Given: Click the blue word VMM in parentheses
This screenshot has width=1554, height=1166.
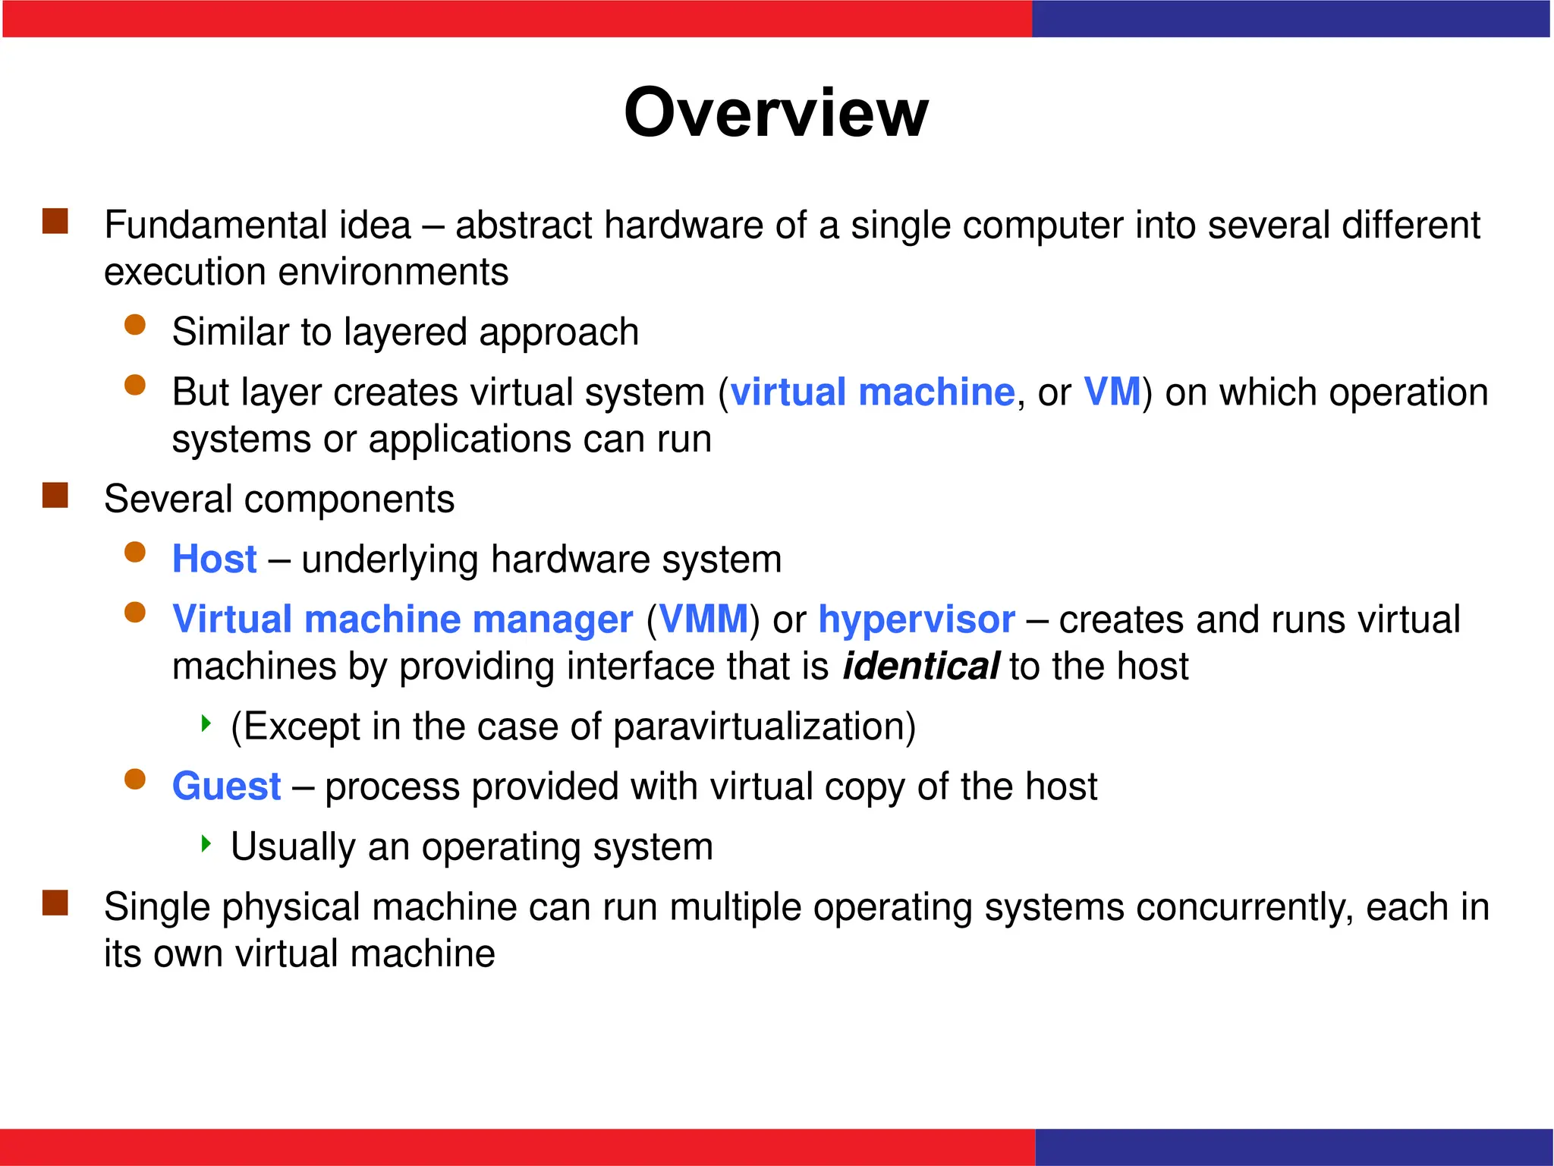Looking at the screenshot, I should [704, 619].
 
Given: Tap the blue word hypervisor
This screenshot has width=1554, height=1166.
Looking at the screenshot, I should [916, 620].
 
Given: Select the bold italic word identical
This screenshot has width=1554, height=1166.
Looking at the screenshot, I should [920, 667].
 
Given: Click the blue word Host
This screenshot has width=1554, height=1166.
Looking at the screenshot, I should [214, 559].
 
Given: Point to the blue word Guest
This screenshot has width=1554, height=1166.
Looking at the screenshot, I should [226, 786].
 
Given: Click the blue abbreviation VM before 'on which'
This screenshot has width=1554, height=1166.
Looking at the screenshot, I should [1112, 392].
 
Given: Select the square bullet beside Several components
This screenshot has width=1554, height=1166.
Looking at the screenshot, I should [55, 496].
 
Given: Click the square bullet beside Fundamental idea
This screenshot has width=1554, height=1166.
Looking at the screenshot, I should [55, 222].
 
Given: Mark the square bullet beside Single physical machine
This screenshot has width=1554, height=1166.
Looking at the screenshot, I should [55, 903].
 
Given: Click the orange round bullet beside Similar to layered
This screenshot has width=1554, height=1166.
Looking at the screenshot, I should [135, 326].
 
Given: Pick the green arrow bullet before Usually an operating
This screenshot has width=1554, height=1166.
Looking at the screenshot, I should [205, 843].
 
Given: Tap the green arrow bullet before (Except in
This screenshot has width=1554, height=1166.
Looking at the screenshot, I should [205, 723].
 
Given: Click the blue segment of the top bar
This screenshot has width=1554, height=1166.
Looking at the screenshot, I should [1290, 19].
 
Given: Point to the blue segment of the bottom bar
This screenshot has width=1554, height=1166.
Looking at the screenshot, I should [1293, 1147].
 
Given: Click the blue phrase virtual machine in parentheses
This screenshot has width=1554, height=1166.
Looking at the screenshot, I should [872, 392].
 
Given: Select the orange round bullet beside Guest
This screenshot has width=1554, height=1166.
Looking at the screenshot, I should [135, 780].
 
